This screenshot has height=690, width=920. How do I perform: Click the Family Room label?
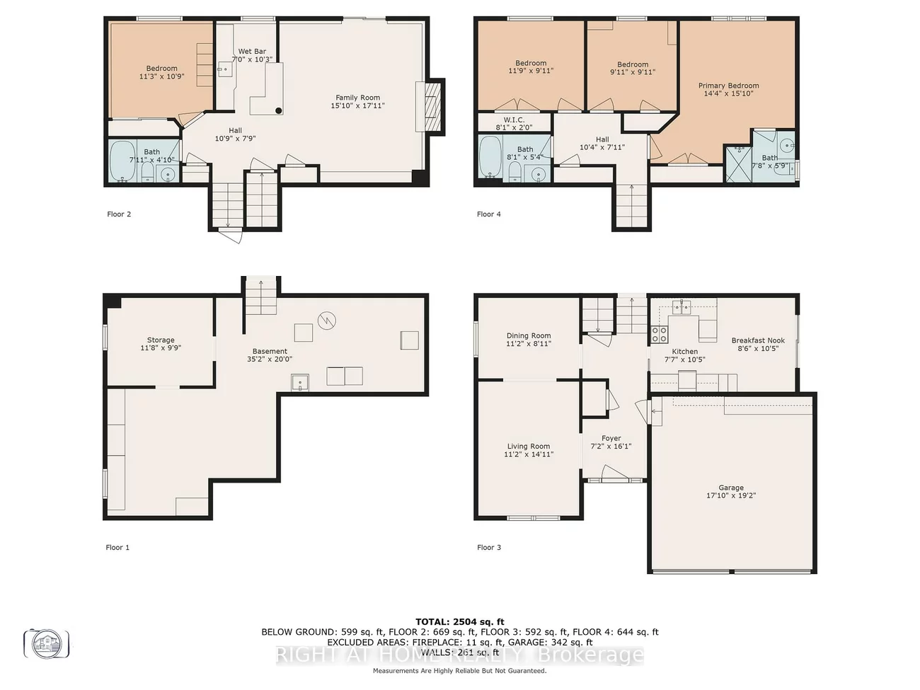[x=357, y=98]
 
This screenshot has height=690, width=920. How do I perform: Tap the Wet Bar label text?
[x=252, y=52]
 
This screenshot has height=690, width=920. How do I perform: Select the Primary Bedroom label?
[x=728, y=86]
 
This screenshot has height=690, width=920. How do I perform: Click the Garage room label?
[x=731, y=488]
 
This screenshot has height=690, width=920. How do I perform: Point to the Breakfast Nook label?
[x=758, y=340]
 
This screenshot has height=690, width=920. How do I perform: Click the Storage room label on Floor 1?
[x=161, y=340]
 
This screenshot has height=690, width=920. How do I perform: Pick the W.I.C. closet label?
[x=514, y=120]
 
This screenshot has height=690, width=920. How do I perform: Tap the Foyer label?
[x=611, y=439]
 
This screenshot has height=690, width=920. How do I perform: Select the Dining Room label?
[x=528, y=336]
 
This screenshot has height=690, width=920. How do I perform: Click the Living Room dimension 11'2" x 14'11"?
[x=528, y=454]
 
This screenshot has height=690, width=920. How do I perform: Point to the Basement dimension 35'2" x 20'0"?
[x=270, y=360]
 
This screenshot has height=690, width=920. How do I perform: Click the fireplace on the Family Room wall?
[x=432, y=105]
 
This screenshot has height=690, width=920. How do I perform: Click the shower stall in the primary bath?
[x=738, y=163]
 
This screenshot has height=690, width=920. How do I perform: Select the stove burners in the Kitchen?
[x=659, y=334]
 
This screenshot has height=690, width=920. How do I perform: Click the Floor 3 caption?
[x=488, y=548]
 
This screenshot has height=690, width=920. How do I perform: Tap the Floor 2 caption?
[x=119, y=214]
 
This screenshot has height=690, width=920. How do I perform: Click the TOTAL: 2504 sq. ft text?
[x=459, y=622]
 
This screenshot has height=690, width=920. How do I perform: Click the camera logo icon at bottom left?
[x=47, y=643]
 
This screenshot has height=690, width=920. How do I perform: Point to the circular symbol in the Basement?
[x=326, y=321]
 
